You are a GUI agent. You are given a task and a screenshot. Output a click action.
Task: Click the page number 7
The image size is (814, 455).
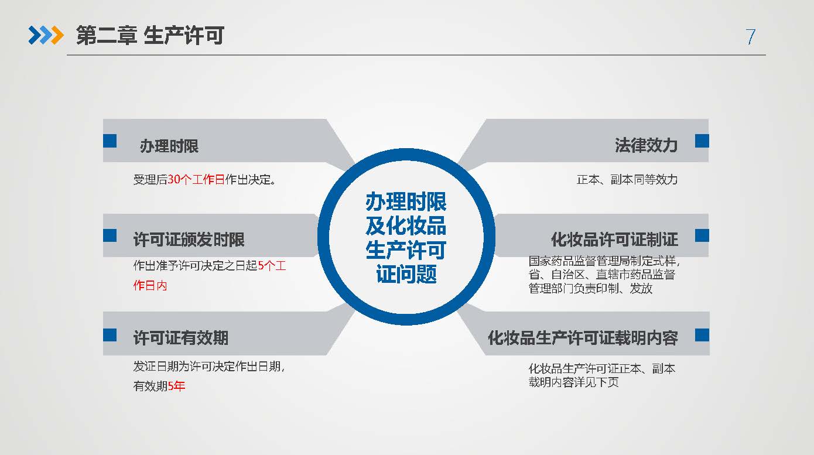click(750, 37)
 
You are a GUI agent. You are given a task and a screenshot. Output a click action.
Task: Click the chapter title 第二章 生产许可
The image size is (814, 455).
click(150, 36)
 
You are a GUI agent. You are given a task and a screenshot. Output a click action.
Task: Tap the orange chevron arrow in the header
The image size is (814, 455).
click(57, 35)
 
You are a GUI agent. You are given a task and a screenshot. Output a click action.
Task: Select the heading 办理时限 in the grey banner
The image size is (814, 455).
click(169, 146)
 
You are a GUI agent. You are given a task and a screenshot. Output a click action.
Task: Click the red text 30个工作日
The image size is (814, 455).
click(196, 179)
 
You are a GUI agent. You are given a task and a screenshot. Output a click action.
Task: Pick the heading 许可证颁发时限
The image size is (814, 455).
click(189, 240)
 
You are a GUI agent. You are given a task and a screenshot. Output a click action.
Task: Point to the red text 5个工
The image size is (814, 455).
click(272, 266)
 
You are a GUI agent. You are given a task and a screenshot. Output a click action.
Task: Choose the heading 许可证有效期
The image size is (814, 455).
click(181, 338)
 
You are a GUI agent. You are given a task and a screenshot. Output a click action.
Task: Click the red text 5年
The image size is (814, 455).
click(177, 385)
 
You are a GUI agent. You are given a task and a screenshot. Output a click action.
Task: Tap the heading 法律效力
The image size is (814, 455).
click(646, 145)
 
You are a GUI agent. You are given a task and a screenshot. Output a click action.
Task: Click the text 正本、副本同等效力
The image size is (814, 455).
click(627, 180)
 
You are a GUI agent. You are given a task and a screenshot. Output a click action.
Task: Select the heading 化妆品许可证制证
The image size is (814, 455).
click(614, 240)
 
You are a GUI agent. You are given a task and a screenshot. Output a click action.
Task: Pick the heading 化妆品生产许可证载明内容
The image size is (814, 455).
click(583, 338)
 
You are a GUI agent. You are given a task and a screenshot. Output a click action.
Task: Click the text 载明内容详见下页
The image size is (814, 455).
click(573, 382)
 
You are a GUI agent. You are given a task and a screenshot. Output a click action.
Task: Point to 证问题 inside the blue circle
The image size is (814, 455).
click(406, 274)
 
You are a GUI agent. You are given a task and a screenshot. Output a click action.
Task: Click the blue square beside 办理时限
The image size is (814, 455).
click(110, 141)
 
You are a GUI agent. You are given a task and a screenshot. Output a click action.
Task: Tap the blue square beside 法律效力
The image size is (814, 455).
click(702, 141)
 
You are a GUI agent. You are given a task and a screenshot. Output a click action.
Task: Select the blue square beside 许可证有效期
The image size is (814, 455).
click(110, 335)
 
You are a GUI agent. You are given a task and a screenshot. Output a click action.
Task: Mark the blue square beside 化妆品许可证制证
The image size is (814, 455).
click(702, 235)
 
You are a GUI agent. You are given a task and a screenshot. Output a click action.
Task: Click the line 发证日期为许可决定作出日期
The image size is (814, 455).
click(209, 367)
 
